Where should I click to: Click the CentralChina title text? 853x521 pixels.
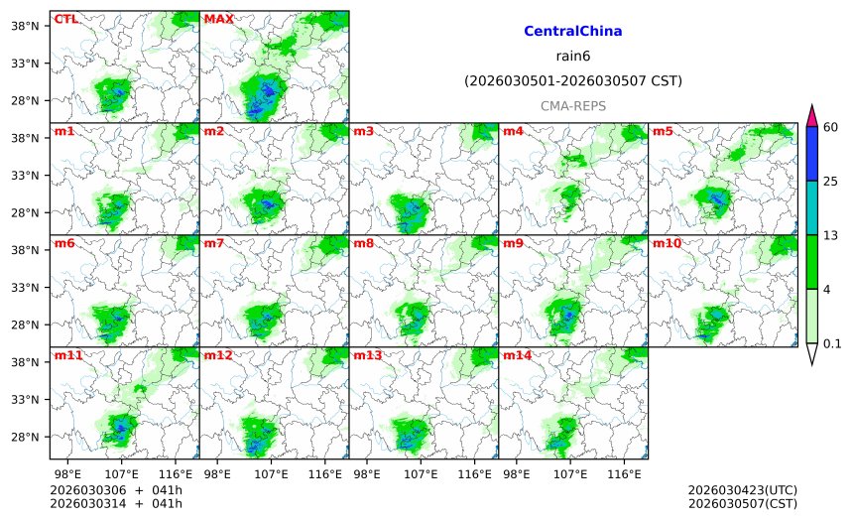(572, 32)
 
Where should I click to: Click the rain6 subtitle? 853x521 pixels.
(572, 57)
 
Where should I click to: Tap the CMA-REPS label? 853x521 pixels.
(572, 105)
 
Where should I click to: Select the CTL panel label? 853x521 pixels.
(65, 19)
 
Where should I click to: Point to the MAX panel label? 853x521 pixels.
(218, 19)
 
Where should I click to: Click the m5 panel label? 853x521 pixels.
(663, 131)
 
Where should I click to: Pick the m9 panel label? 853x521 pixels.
(513, 243)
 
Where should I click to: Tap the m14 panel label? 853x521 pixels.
(516, 355)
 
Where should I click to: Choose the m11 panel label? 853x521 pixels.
(68, 355)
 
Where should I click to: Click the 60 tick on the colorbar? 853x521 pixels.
(830, 126)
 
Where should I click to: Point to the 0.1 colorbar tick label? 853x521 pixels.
(832, 344)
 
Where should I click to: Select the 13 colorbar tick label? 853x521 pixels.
(830, 234)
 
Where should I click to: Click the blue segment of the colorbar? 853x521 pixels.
(811, 153)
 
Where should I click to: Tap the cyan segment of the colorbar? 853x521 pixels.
(811, 207)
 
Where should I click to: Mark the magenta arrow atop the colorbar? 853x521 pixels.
(811, 114)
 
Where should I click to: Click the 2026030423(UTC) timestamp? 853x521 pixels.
(742, 490)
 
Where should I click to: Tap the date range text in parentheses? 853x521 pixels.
(572, 81)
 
